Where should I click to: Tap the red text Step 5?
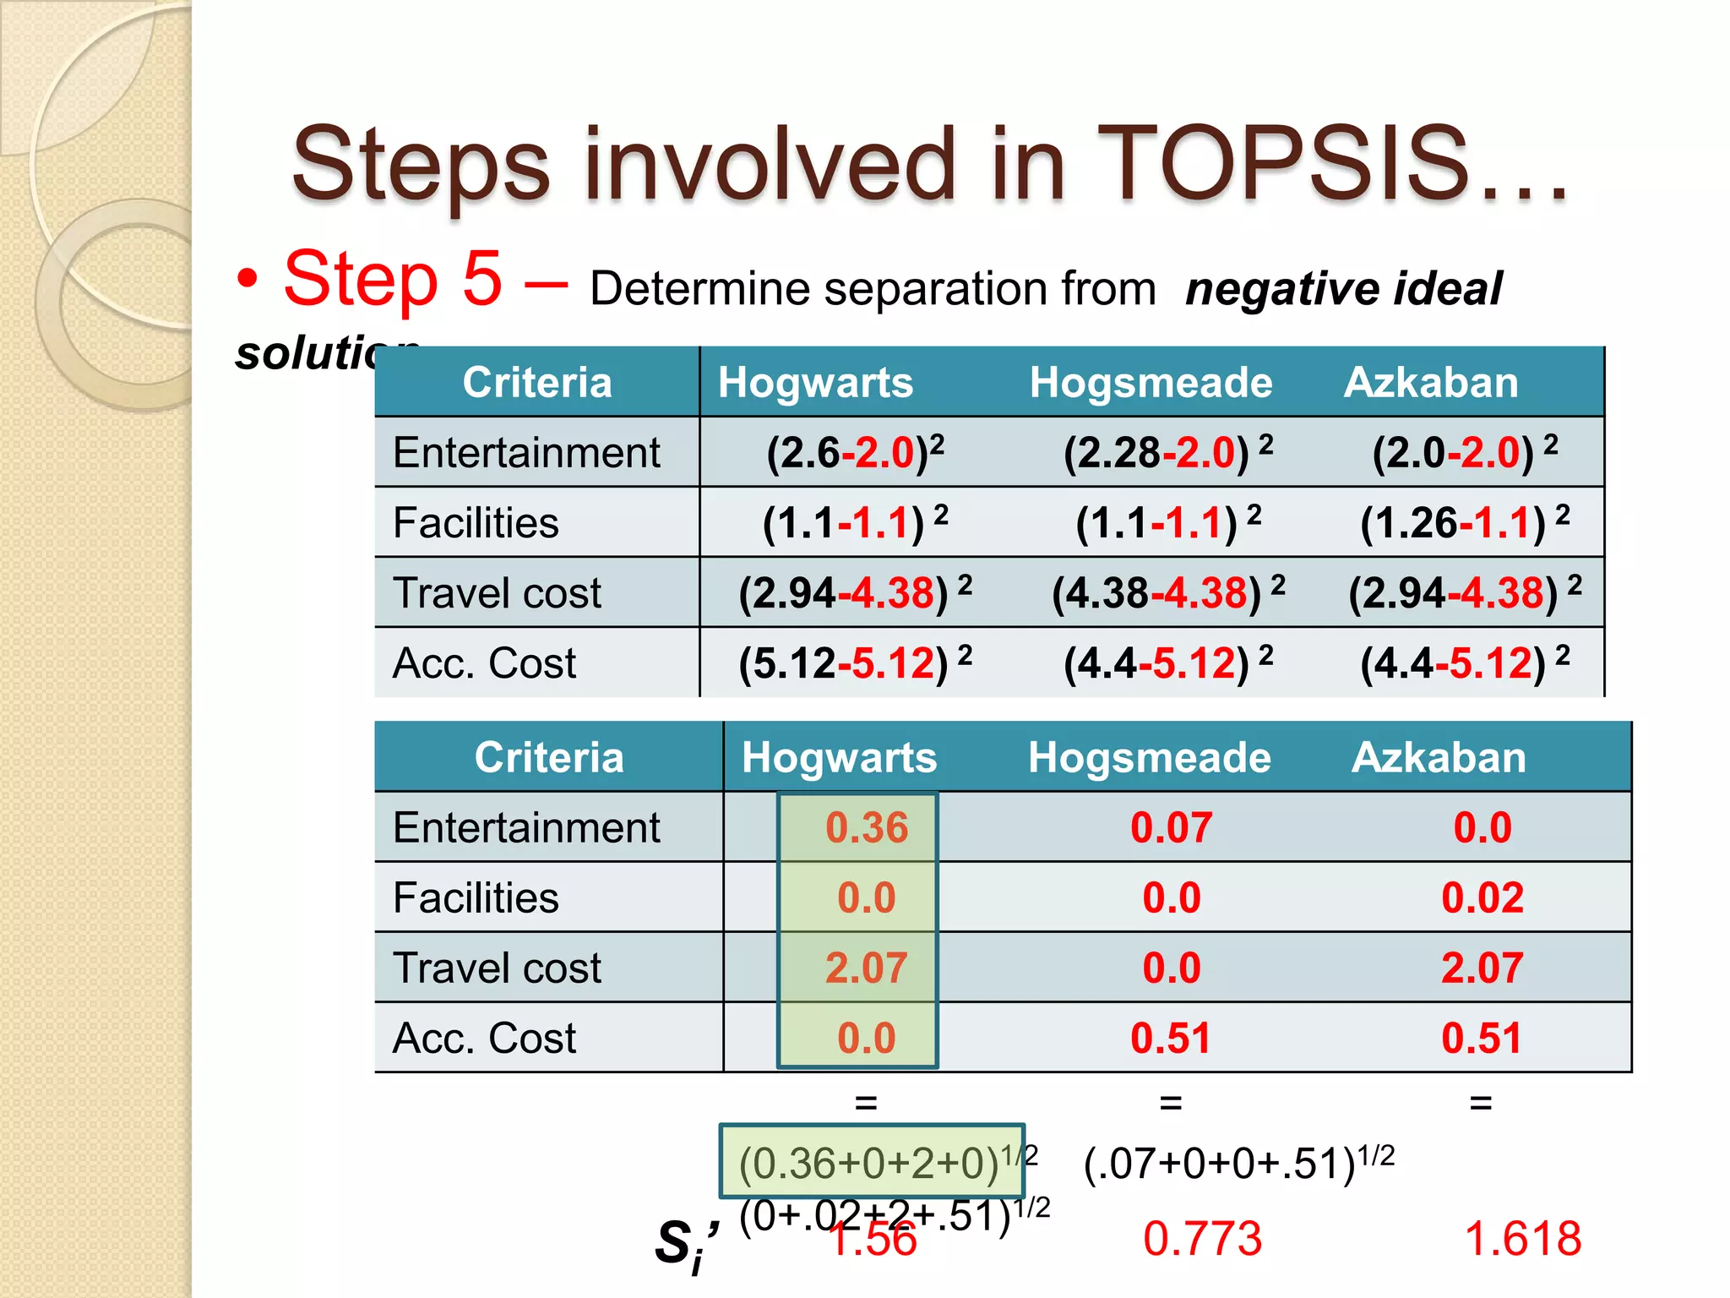tap(393, 279)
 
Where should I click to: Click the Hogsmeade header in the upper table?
tap(1151, 382)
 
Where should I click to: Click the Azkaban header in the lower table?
tap(1439, 757)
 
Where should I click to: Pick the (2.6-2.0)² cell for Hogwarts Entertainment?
tap(855, 452)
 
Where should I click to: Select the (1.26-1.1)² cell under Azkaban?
tap(1465, 522)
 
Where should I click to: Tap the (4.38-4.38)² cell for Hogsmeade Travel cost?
tap(1167, 592)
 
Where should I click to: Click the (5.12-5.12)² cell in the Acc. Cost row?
tap(855, 663)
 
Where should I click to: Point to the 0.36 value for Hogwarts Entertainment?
tap(867, 827)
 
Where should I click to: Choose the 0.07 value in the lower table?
tap(1171, 827)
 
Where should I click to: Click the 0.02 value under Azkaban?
tap(1482, 897)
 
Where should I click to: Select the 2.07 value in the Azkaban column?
tap(1482, 968)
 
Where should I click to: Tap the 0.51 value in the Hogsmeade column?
tap(1171, 1038)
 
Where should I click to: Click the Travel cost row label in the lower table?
tap(497, 968)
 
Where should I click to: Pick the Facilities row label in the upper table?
tap(476, 522)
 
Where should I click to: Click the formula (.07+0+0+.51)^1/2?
tap(1238, 1163)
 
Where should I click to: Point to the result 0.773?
tap(1202, 1239)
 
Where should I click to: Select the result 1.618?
tap(1522, 1239)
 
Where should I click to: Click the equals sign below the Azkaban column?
tap(1481, 1103)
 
